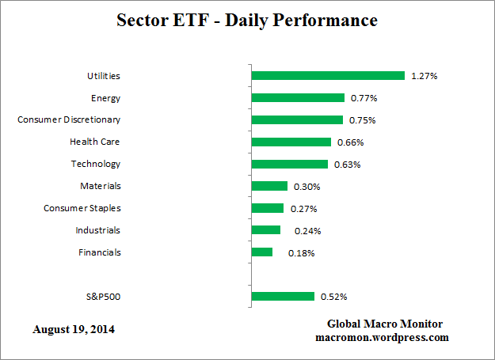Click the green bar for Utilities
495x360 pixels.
(328, 76)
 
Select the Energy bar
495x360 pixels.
(298, 98)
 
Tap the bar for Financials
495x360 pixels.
(261, 252)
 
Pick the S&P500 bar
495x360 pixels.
(283, 297)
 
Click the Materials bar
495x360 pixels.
(269, 186)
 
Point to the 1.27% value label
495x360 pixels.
(425, 76)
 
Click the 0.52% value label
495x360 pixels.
(333, 297)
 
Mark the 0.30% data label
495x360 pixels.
(307, 187)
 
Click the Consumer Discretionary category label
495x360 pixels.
(69, 120)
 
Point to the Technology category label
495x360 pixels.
(95, 164)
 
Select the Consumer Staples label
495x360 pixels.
(82, 208)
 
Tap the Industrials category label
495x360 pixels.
(99, 230)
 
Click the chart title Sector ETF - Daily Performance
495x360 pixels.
(246, 20)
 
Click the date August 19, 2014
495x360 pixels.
(74, 328)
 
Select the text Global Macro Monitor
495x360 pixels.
(385, 324)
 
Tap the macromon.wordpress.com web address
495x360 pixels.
(383, 337)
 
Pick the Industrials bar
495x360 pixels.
(265, 230)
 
